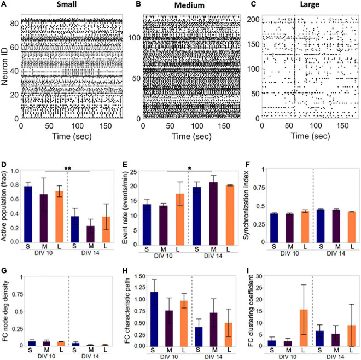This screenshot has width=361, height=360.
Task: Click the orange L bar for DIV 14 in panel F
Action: coord(348,227)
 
